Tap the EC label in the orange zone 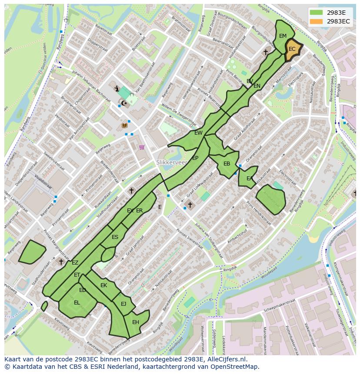[x=292, y=49]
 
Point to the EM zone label [x=283, y=36]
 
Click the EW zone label [x=198, y=133]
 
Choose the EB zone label [x=227, y=164]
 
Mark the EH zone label [x=136, y=322]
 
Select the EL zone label [x=77, y=303]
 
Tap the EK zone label [x=103, y=285]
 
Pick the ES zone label [x=115, y=237]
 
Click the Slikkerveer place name [x=172, y=162]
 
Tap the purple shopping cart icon [x=142, y=147]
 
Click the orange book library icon [x=125, y=126]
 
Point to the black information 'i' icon [x=117, y=89]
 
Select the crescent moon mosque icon [x=124, y=103]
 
